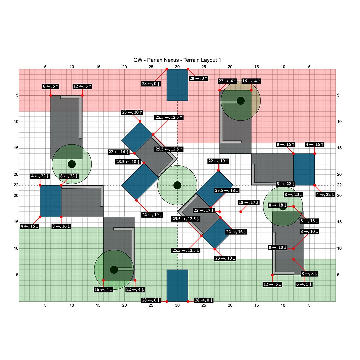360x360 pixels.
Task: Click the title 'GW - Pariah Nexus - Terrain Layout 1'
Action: pyautogui.click(x=177, y=60)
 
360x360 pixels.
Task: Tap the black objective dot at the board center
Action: pyautogui.click(x=177, y=185)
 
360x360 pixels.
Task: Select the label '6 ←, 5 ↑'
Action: pyautogui.click(x=51, y=86)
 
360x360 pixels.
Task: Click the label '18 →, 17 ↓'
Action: pyautogui.click(x=249, y=203)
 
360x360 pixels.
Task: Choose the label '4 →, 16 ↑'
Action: pyautogui.click(x=315, y=145)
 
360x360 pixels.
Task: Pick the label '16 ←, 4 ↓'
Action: pyautogui.click(x=104, y=290)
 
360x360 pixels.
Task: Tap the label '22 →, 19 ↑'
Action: pyautogui.click(x=218, y=161)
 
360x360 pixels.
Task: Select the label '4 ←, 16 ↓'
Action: pyautogui.click(x=29, y=226)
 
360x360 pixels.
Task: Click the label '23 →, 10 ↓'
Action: pyautogui.click(x=225, y=258)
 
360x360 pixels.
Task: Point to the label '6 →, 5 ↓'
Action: pyautogui.click(x=304, y=284)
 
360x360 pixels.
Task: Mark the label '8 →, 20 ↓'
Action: pyautogui.click(x=294, y=194)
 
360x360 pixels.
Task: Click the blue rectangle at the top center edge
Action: pyautogui.click(x=177, y=85)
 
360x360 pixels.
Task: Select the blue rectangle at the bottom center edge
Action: pyautogui.click(x=177, y=285)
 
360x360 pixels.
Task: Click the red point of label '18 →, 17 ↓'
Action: pyautogui.click(x=241, y=212)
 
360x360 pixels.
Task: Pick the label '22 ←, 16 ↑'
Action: pyautogui.click(x=119, y=152)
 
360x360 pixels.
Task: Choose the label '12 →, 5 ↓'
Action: pyautogui.click(x=273, y=284)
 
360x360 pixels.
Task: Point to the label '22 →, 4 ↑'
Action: pyautogui.click(x=228, y=81)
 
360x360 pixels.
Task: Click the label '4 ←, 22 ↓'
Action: pyautogui.click(x=40, y=176)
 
